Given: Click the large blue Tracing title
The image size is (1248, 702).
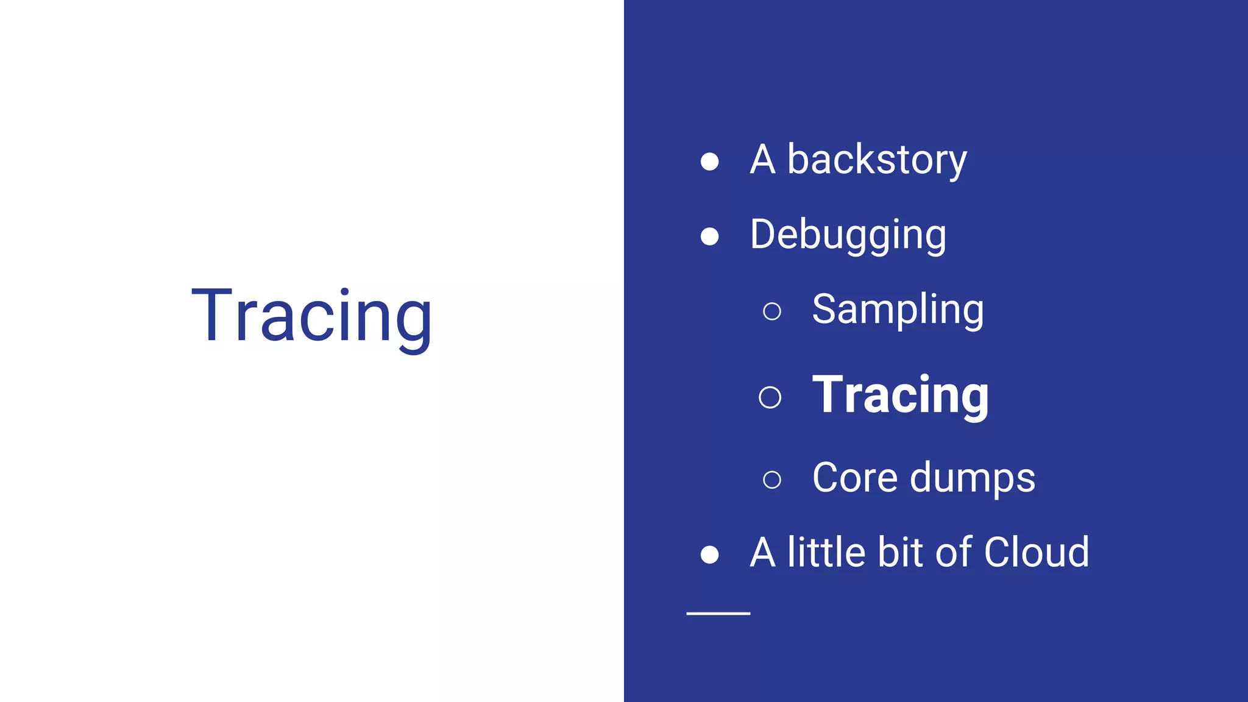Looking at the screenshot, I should pos(311,317).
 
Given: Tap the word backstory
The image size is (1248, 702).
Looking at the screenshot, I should pos(877,161).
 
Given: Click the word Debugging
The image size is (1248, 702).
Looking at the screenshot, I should pos(848,235).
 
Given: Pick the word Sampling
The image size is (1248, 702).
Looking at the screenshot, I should pos(898,310).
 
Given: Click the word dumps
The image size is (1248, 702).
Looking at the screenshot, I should pos(973,478).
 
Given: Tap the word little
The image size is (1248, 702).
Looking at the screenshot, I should pos(826,552).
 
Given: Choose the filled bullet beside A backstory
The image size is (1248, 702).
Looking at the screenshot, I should pos(709,161).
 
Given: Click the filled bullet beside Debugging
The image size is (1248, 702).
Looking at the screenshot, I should pos(709,236).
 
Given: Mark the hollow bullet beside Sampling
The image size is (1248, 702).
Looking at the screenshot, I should pos(772,311).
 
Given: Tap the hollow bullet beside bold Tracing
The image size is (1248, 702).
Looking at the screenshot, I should pos(770,397).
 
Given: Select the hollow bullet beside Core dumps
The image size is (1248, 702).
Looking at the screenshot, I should pos(772,480).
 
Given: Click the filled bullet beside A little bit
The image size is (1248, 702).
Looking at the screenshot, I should pos(709,555).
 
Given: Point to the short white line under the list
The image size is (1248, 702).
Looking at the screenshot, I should pos(718,613).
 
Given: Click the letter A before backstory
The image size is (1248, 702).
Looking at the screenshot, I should pos(762,161).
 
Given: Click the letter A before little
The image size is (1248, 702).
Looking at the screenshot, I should pos(762,552).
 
